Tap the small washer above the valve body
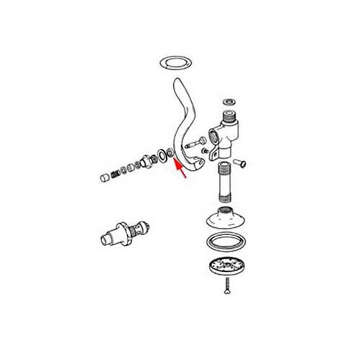[x=228, y=102]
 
